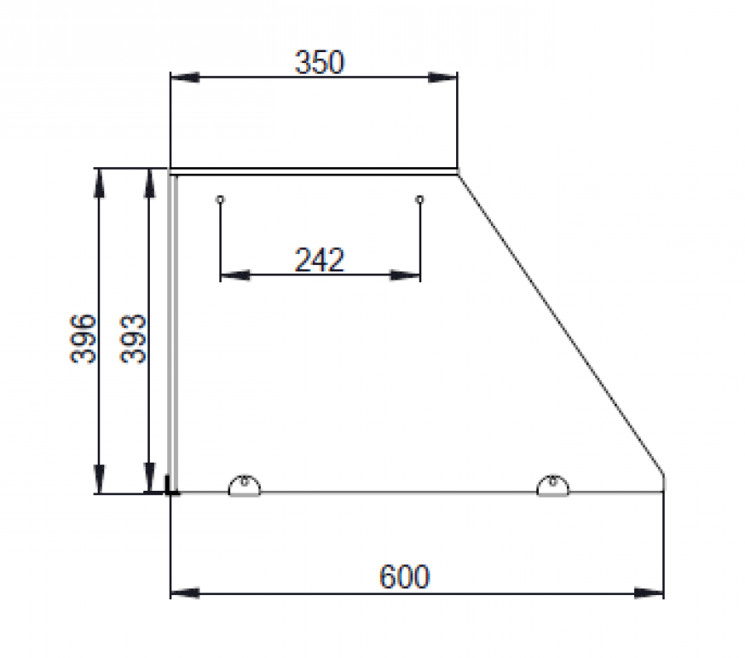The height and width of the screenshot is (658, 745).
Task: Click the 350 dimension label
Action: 320,62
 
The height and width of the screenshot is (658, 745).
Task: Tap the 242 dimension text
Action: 320,260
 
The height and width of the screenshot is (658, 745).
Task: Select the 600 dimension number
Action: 404,577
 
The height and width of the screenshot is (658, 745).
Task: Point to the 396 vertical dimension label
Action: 83,339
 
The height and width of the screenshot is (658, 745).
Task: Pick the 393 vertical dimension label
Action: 133,339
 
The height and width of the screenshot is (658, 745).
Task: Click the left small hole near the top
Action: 220,199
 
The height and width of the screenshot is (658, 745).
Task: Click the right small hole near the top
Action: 420,199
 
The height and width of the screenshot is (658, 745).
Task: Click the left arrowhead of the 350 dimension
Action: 185,77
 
